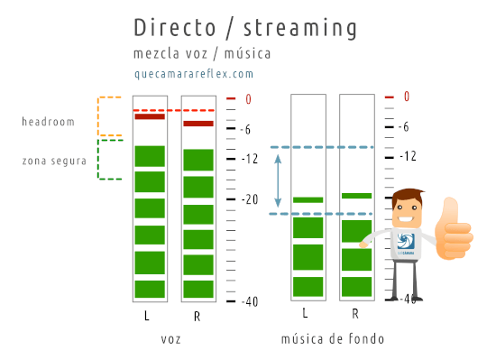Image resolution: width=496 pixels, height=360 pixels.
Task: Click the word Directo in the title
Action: point(168,26)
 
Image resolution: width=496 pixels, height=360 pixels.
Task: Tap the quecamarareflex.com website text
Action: point(193,75)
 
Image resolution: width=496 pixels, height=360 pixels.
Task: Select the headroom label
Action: point(49,121)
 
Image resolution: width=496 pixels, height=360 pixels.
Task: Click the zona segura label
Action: point(55,162)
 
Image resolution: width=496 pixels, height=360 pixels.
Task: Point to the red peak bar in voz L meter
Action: point(149,116)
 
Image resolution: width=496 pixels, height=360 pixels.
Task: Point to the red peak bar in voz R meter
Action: point(197,124)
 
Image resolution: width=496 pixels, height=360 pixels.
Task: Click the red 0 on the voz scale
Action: point(249,99)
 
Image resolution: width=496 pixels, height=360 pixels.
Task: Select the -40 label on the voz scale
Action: point(252,301)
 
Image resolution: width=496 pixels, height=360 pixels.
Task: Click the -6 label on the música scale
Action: point(406,126)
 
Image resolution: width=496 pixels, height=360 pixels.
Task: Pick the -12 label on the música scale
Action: point(409,156)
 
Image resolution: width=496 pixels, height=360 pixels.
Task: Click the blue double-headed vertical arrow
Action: point(279,180)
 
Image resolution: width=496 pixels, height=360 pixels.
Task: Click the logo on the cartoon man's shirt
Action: point(405,241)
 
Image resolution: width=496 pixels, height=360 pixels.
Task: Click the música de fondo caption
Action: point(333,339)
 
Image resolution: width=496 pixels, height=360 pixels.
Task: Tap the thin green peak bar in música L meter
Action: point(308,199)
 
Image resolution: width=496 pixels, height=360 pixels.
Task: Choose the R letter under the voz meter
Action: point(197,317)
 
